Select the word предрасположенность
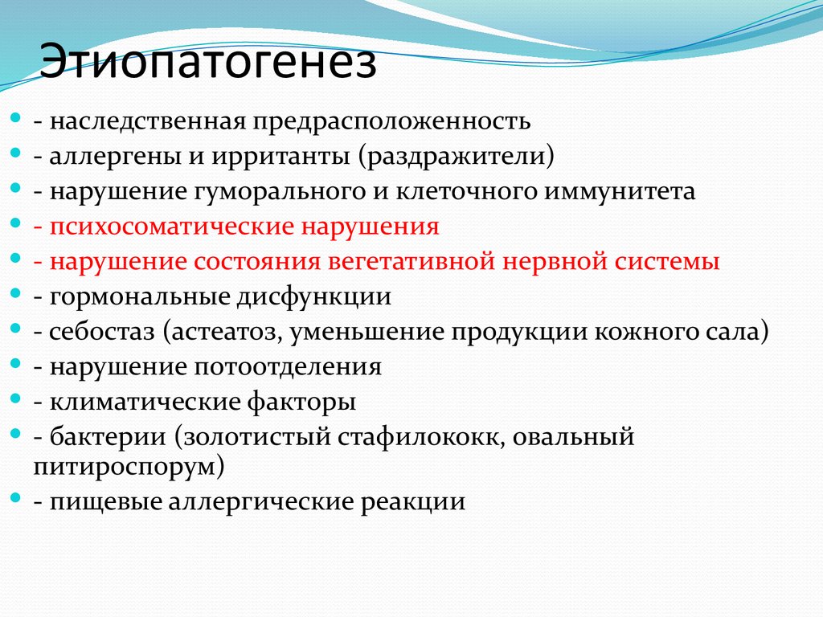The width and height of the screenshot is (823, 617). pyautogui.click(x=392, y=121)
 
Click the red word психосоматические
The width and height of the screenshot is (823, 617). pyautogui.click(x=172, y=227)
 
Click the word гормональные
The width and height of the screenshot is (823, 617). pyautogui.click(x=140, y=297)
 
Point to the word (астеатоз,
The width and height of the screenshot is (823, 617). pyautogui.click(x=212, y=333)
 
